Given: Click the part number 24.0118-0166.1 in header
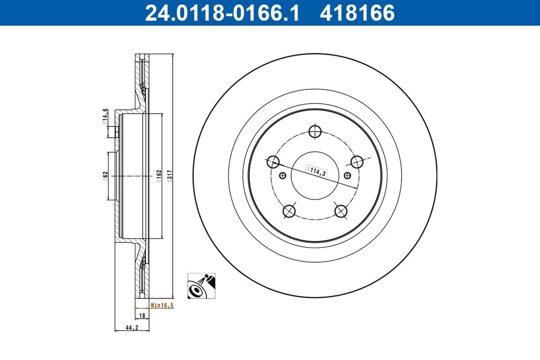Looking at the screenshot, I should [x=221, y=13].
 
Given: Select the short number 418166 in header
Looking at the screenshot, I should [x=357, y=13].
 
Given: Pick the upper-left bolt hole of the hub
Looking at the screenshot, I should [x=273, y=161].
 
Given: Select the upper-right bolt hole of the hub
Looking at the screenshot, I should [x=356, y=161].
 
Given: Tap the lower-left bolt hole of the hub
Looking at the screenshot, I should [x=289, y=211].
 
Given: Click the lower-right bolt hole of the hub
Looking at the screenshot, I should [x=341, y=211].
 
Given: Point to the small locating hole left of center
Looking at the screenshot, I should [x=283, y=175].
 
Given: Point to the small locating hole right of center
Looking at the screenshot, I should [x=347, y=175].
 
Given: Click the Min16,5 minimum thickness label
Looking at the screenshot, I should [x=161, y=305].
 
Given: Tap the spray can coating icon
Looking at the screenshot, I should [x=201, y=286].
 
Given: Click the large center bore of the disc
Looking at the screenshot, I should [x=315, y=185].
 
